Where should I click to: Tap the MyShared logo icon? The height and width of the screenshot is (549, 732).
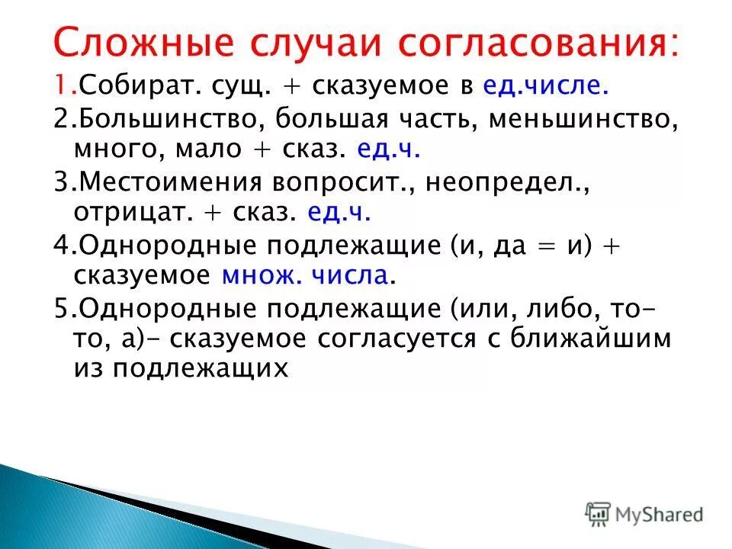coord(599,513)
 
